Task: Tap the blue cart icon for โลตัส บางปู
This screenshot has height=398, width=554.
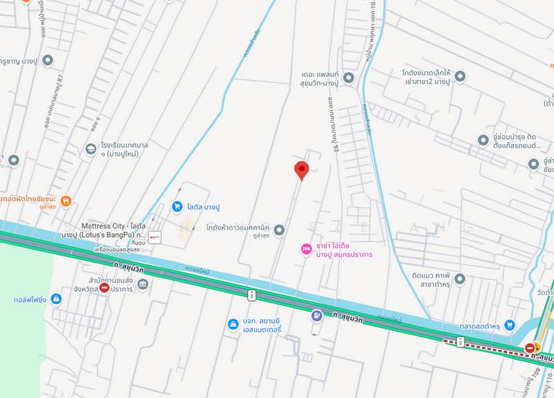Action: [x=177, y=206]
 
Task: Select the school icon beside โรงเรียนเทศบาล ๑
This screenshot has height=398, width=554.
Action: [x=91, y=149]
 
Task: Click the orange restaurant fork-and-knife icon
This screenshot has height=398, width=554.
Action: [x=66, y=201]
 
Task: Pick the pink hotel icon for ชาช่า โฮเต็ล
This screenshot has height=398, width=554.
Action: [x=305, y=248]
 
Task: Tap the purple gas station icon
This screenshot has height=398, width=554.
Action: [x=316, y=316]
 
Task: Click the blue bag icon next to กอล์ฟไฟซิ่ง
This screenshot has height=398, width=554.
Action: [x=56, y=299]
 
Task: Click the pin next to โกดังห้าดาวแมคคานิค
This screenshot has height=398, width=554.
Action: [x=279, y=229]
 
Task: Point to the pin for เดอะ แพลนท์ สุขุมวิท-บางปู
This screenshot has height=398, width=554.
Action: [x=348, y=78]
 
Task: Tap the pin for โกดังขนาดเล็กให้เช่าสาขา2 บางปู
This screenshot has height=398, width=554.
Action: [x=461, y=76]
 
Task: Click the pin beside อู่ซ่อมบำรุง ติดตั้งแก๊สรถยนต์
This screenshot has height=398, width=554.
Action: [x=483, y=140]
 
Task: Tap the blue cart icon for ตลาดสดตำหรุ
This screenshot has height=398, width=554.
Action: [x=510, y=324]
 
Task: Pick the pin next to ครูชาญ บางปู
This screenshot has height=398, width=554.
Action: [x=48, y=61]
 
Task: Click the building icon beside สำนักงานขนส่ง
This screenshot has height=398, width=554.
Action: [x=143, y=283]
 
